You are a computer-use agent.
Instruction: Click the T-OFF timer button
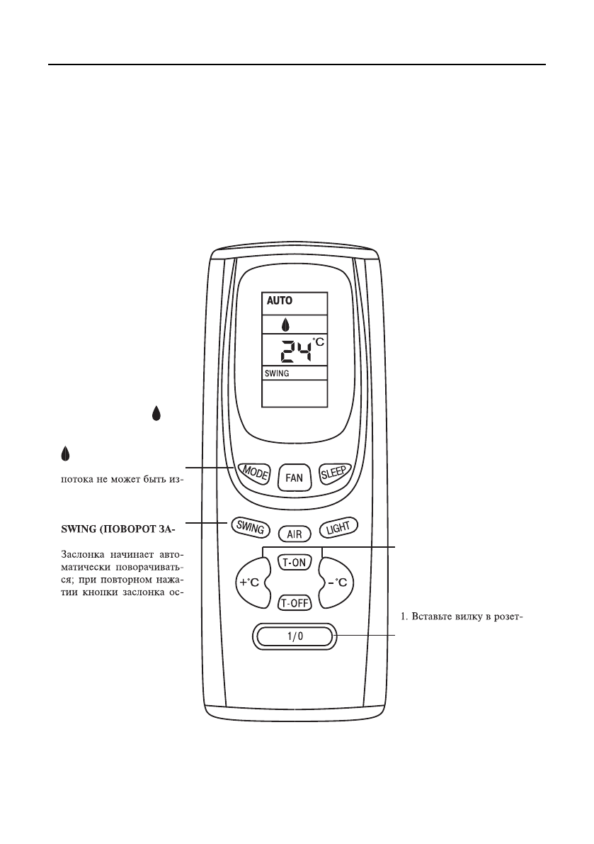pyautogui.click(x=293, y=603)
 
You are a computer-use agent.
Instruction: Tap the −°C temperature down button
pyautogui.click(x=341, y=583)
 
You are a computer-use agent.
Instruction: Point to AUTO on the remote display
pyautogui.click(x=280, y=300)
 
